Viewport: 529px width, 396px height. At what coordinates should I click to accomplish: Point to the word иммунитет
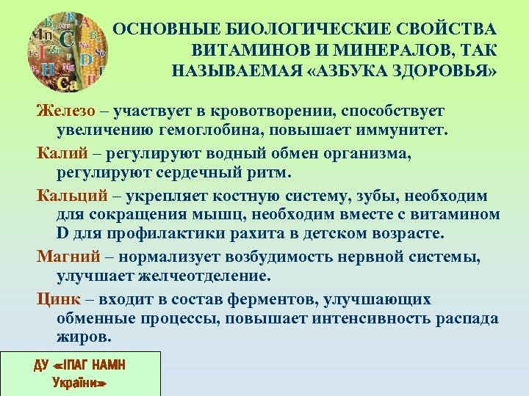point(401,132)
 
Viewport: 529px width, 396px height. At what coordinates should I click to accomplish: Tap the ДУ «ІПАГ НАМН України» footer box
point(80,373)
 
